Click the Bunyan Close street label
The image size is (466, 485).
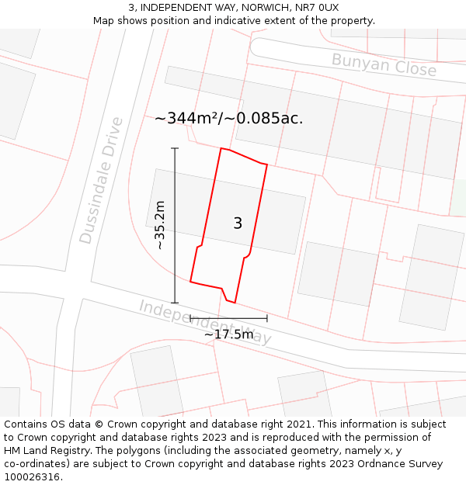(x=384, y=64)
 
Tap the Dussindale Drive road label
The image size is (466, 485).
(x=102, y=180)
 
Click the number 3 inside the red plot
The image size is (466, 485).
(x=238, y=223)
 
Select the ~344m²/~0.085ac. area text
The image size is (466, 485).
(x=228, y=119)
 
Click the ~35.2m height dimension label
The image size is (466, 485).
(x=160, y=225)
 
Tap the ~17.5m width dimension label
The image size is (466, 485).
(x=228, y=334)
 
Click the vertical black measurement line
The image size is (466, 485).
(x=175, y=225)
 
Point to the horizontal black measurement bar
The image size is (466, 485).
(x=228, y=317)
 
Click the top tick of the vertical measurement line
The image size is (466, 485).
(x=175, y=148)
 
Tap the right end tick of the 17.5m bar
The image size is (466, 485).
(x=266, y=317)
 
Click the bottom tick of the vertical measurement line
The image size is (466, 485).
(x=175, y=303)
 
